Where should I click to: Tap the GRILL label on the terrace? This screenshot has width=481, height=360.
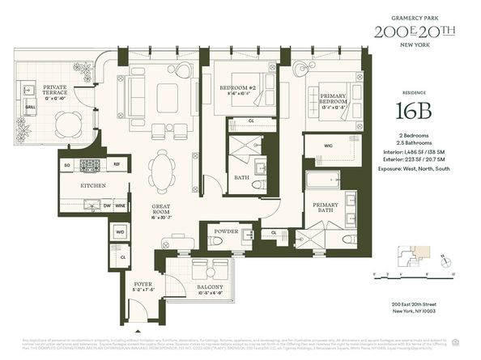[30, 106]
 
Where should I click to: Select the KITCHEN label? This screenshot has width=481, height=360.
[95, 185]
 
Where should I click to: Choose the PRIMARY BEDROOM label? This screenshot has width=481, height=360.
[335, 94]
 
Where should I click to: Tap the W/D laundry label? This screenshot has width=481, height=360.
[120, 231]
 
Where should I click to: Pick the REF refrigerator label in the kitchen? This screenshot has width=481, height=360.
[116, 165]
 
